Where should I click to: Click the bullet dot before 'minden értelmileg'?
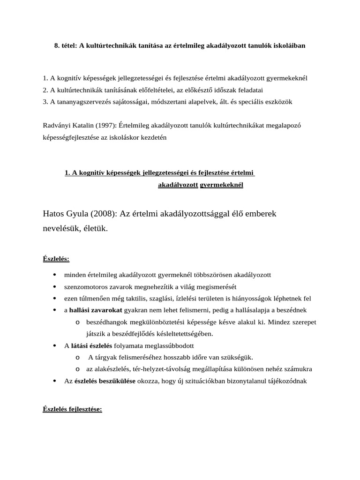click(55, 275)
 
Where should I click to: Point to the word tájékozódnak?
click(287, 381)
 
